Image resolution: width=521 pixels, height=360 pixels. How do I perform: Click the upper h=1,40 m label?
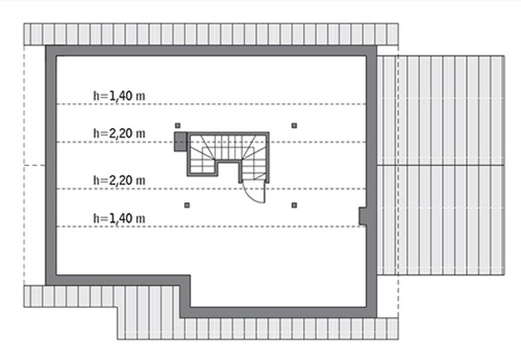pos(119,96)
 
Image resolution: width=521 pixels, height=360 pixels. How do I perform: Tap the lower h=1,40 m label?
pos(119,218)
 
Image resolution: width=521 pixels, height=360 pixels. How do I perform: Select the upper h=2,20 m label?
pos(119,134)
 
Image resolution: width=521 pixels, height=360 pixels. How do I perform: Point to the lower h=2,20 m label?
pos(119,180)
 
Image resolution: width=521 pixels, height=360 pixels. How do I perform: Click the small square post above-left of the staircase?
pos(178,125)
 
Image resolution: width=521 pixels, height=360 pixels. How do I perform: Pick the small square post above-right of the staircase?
pos(294,125)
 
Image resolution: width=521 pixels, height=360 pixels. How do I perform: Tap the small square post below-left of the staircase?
pos(187,206)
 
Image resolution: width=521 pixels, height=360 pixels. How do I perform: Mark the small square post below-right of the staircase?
pos(294,206)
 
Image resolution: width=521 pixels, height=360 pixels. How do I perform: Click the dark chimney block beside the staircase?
pos(181,142)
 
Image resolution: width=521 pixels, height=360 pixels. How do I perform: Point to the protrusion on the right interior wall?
pos(363,216)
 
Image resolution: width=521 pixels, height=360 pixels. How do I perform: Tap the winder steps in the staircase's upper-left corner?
pos(203,145)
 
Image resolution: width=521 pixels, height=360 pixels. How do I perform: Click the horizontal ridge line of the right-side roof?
pos(441,165)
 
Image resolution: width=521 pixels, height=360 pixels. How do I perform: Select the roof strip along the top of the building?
pos(211,34)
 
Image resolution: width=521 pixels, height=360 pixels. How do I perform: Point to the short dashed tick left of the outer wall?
pos(35,165)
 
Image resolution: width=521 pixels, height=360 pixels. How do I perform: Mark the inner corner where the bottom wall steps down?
pos(190,275)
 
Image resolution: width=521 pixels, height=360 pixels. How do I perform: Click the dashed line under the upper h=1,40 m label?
pos(211,104)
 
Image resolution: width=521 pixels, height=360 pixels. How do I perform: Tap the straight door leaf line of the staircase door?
pos(264,192)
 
